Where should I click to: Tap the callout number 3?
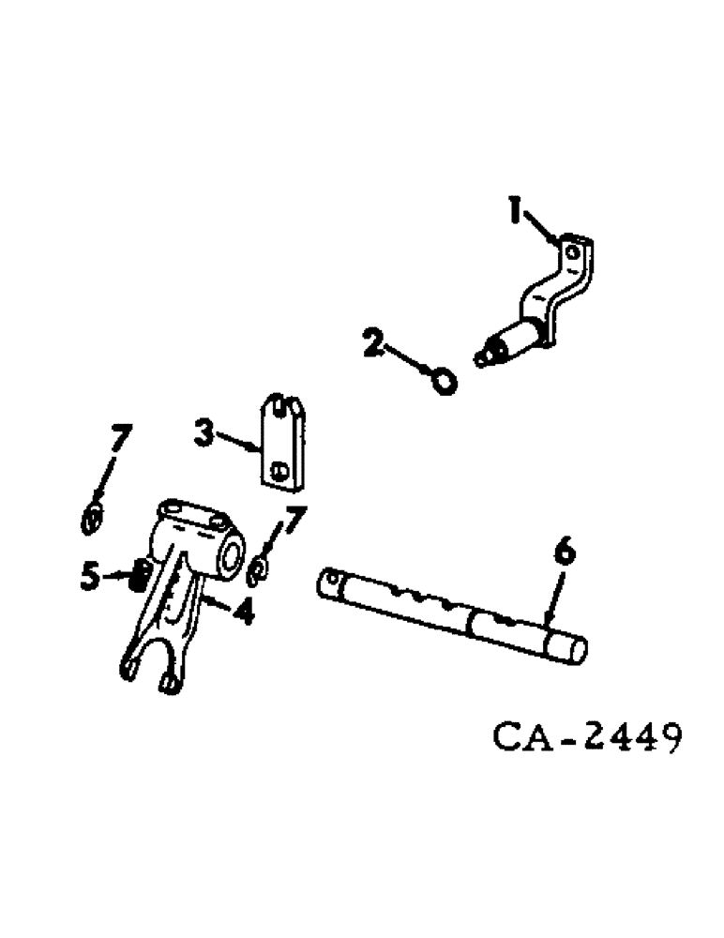point(204,433)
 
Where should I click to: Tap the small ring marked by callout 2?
point(446,380)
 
